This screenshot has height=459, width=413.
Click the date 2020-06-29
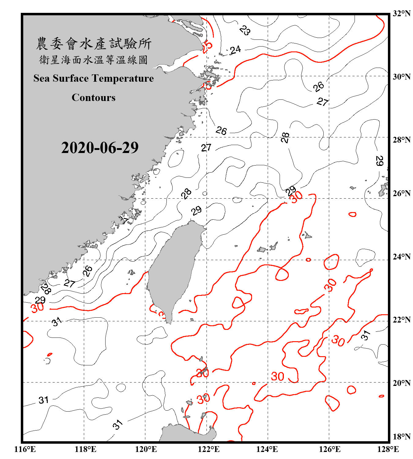(x=100, y=148)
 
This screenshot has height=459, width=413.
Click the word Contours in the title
(x=94, y=98)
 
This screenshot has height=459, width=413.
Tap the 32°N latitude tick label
(x=401, y=13)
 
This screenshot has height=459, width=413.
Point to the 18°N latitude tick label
(x=401, y=437)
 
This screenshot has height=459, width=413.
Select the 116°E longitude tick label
(x=25, y=450)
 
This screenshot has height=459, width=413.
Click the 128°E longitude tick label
(x=388, y=450)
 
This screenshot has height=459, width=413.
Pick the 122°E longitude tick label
(x=209, y=450)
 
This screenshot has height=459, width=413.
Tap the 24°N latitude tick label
(x=401, y=257)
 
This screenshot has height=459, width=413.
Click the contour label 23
(x=245, y=30)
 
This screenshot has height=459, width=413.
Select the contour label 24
(x=235, y=50)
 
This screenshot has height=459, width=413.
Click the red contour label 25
(x=207, y=46)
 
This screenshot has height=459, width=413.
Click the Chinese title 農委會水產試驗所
(x=94, y=43)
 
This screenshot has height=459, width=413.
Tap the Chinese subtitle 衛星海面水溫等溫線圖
(x=94, y=60)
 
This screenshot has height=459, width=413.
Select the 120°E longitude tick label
(x=146, y=450)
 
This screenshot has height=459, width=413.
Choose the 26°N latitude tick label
(x=401, y=193)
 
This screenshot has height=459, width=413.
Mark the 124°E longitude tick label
(x=267, y=450)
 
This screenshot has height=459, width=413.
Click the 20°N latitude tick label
(x=401, y=383)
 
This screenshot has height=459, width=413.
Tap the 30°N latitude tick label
(x=401, y=76)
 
